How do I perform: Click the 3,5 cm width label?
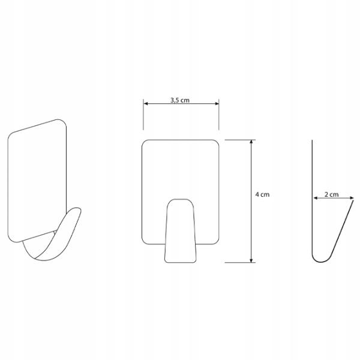click(x=180, y=100)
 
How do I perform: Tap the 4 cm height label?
click(x=262, y=194)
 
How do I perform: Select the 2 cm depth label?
click(x=332, y=194)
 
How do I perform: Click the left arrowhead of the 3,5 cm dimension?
click(x=146, y=104)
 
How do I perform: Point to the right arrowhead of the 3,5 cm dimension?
click(x=217, y=104)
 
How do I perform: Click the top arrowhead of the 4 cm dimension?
click(x=251, y=142)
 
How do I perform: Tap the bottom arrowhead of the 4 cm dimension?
click(x=251, y=260)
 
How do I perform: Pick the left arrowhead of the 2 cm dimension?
click(x=316, y=198)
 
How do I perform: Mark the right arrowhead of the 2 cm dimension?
click(x=352, y=198)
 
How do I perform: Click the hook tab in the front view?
click(x=181, y=231)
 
